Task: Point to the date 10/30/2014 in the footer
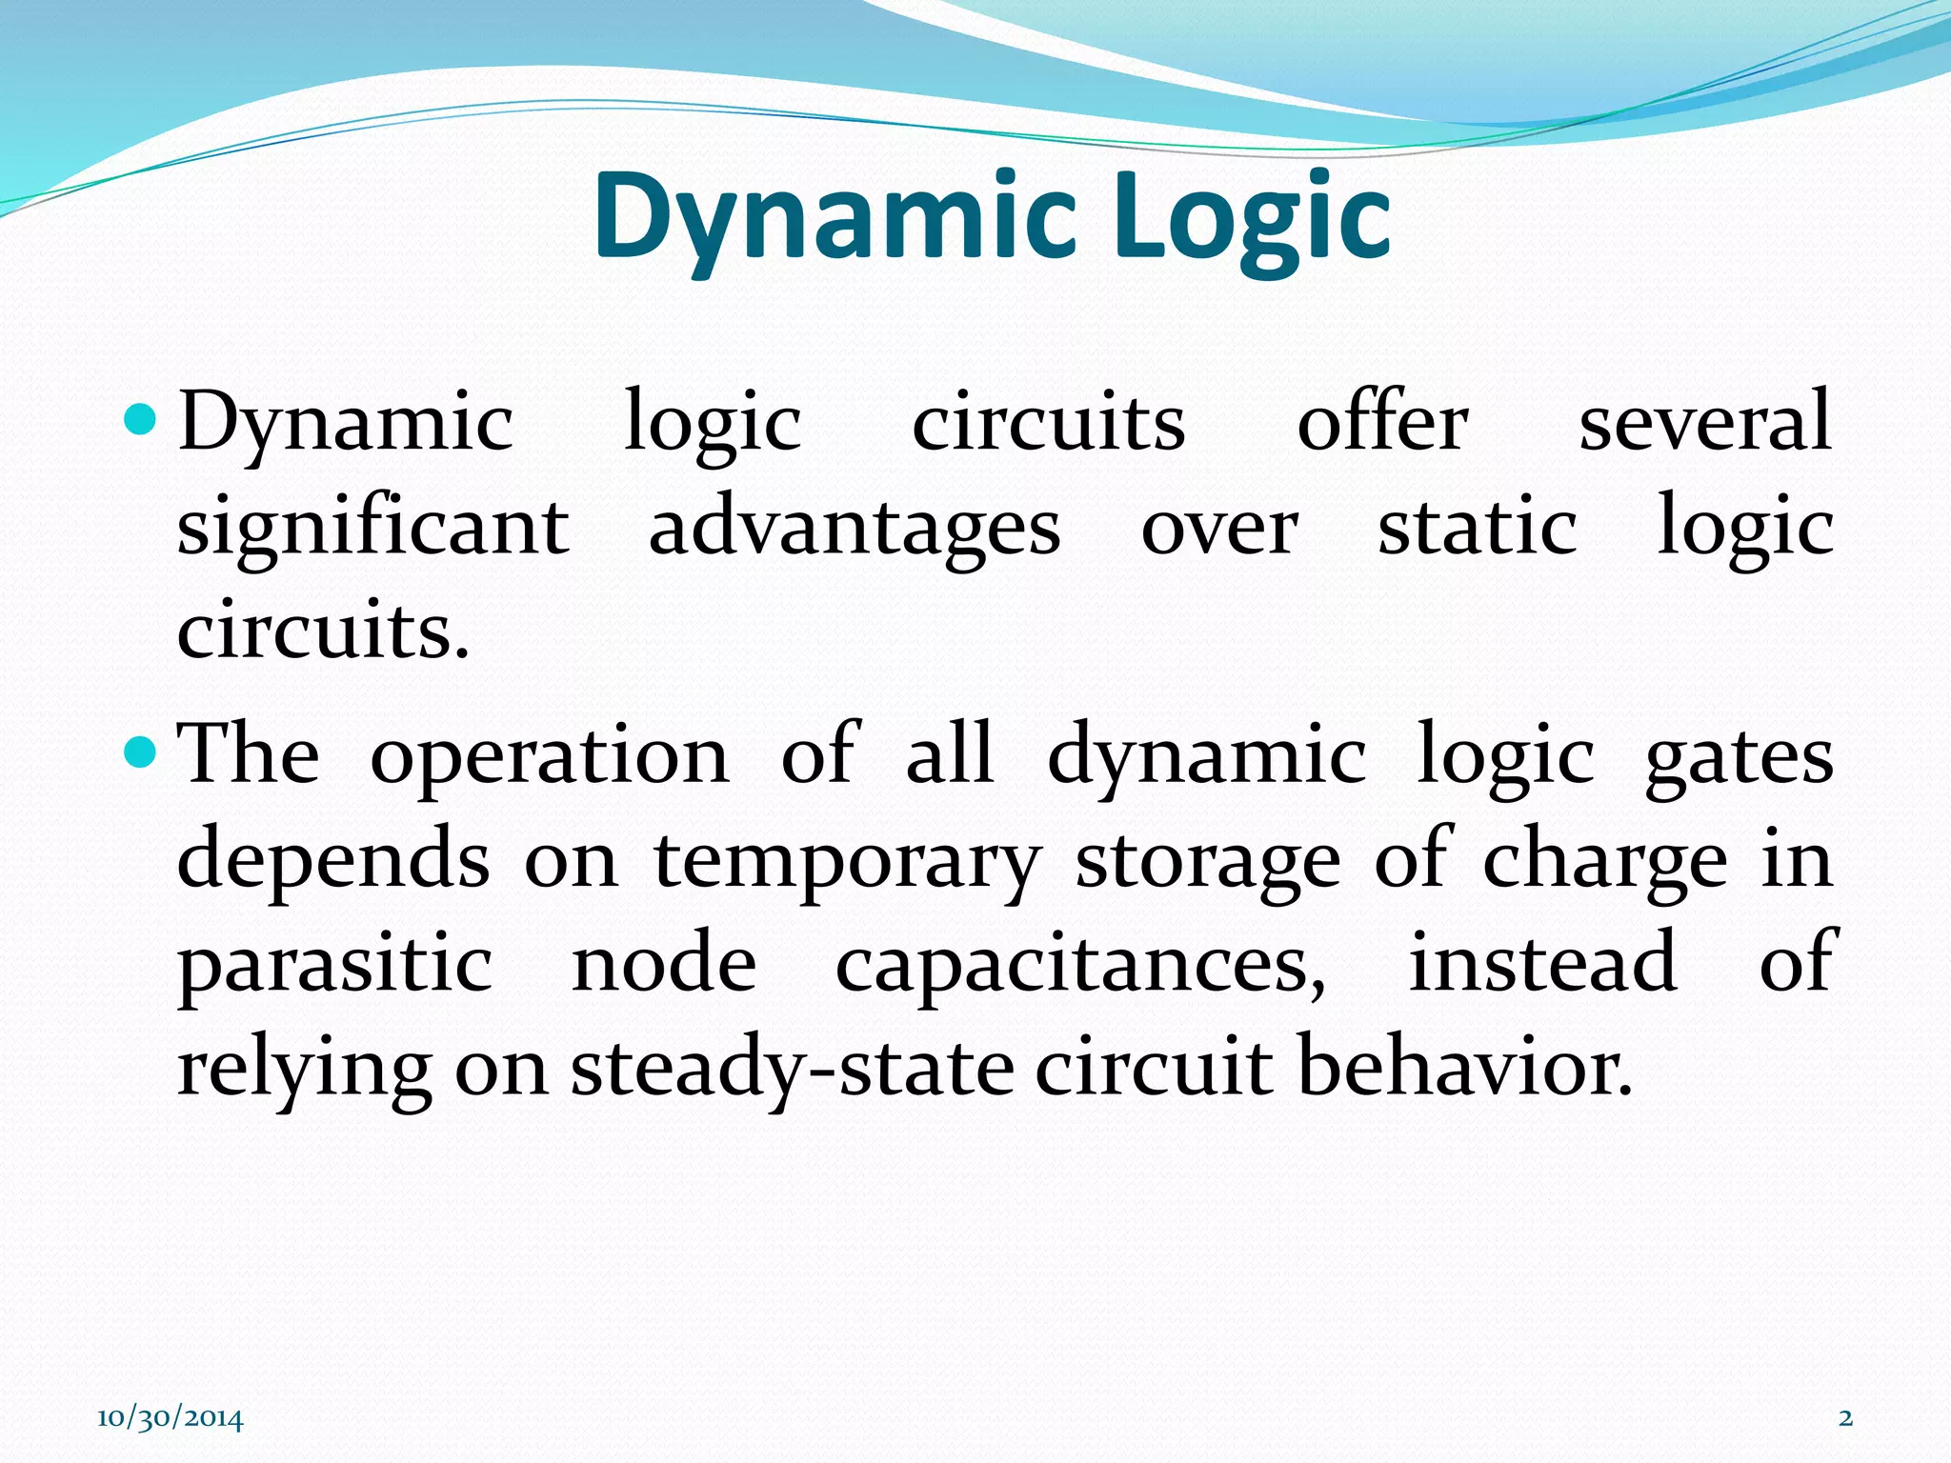click(170, 1418)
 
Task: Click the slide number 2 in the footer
click(1845, 1418)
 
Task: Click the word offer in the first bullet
click(1382, 421)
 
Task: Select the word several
click(1705, 421)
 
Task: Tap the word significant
click(373, 527)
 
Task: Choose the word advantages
click(855, 527)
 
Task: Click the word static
click(1477, 527)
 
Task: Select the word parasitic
click(335, 965)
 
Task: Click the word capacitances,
click(1080, 965)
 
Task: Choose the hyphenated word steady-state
click(793, 1069)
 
